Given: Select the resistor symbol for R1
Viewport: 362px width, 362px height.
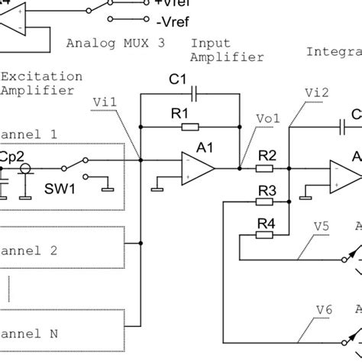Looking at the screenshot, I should (189, 127).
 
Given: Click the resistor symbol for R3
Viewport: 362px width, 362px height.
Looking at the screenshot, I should (264, 202).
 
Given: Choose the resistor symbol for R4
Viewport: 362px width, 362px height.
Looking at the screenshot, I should (264, 235).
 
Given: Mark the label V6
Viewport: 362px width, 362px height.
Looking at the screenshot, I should (324, 309).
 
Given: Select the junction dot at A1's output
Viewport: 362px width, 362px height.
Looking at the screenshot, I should (239, 167).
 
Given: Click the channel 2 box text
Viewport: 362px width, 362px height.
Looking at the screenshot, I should (31, 250).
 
